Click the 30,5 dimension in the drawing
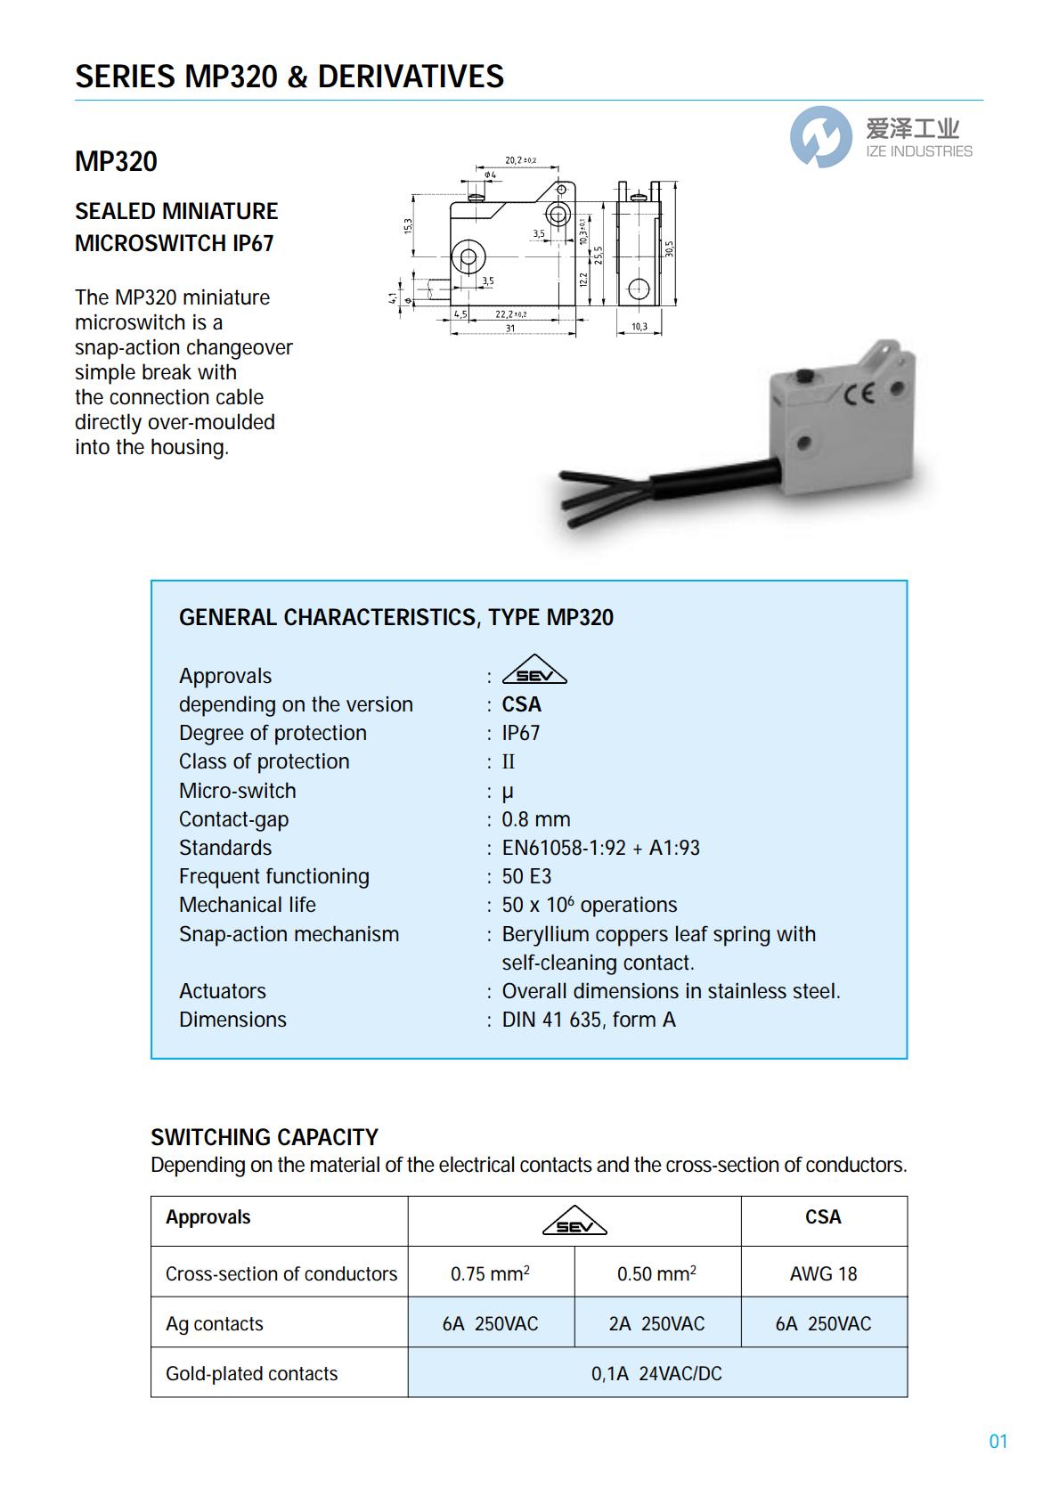pyautogui.click(x=669, y=248)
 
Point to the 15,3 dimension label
pyautogui.click(x=409, y=226)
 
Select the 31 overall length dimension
pyautogui.click(x=510, y=329)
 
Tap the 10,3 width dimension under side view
pyautogui.click(x=639, y=327)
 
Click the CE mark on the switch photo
pyautogui.click(x=859, y=394)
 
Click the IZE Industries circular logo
pyautogui.click(x=820, y=137)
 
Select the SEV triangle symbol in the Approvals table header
pyautogui.click(x=574, y=1222)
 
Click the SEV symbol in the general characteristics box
pyautogui.click(x=534, y=671)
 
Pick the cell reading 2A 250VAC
pyautogui.click(x=657, y=1324)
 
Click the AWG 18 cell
pyautogui.click(x=823, y=1274)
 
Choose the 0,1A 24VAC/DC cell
pyautogui.click(x=657, y=1374)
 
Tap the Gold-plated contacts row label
pyautogui.click(x=252, y=1374)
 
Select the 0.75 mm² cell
pyautogui.click(x=490, y=1274)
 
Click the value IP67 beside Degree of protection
pyautogui.click(x=521, y=733)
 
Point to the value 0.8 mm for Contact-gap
pyautogui.click(x=536, y=819)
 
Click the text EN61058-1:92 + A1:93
pyautogui.click(x=600, y=848)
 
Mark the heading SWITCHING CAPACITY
pyautogui.click(x=265, y=1137)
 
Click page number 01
pyautogui.click(x=998, y=1442)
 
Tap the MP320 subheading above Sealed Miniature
pyautogui.click(x=116, y=162)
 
